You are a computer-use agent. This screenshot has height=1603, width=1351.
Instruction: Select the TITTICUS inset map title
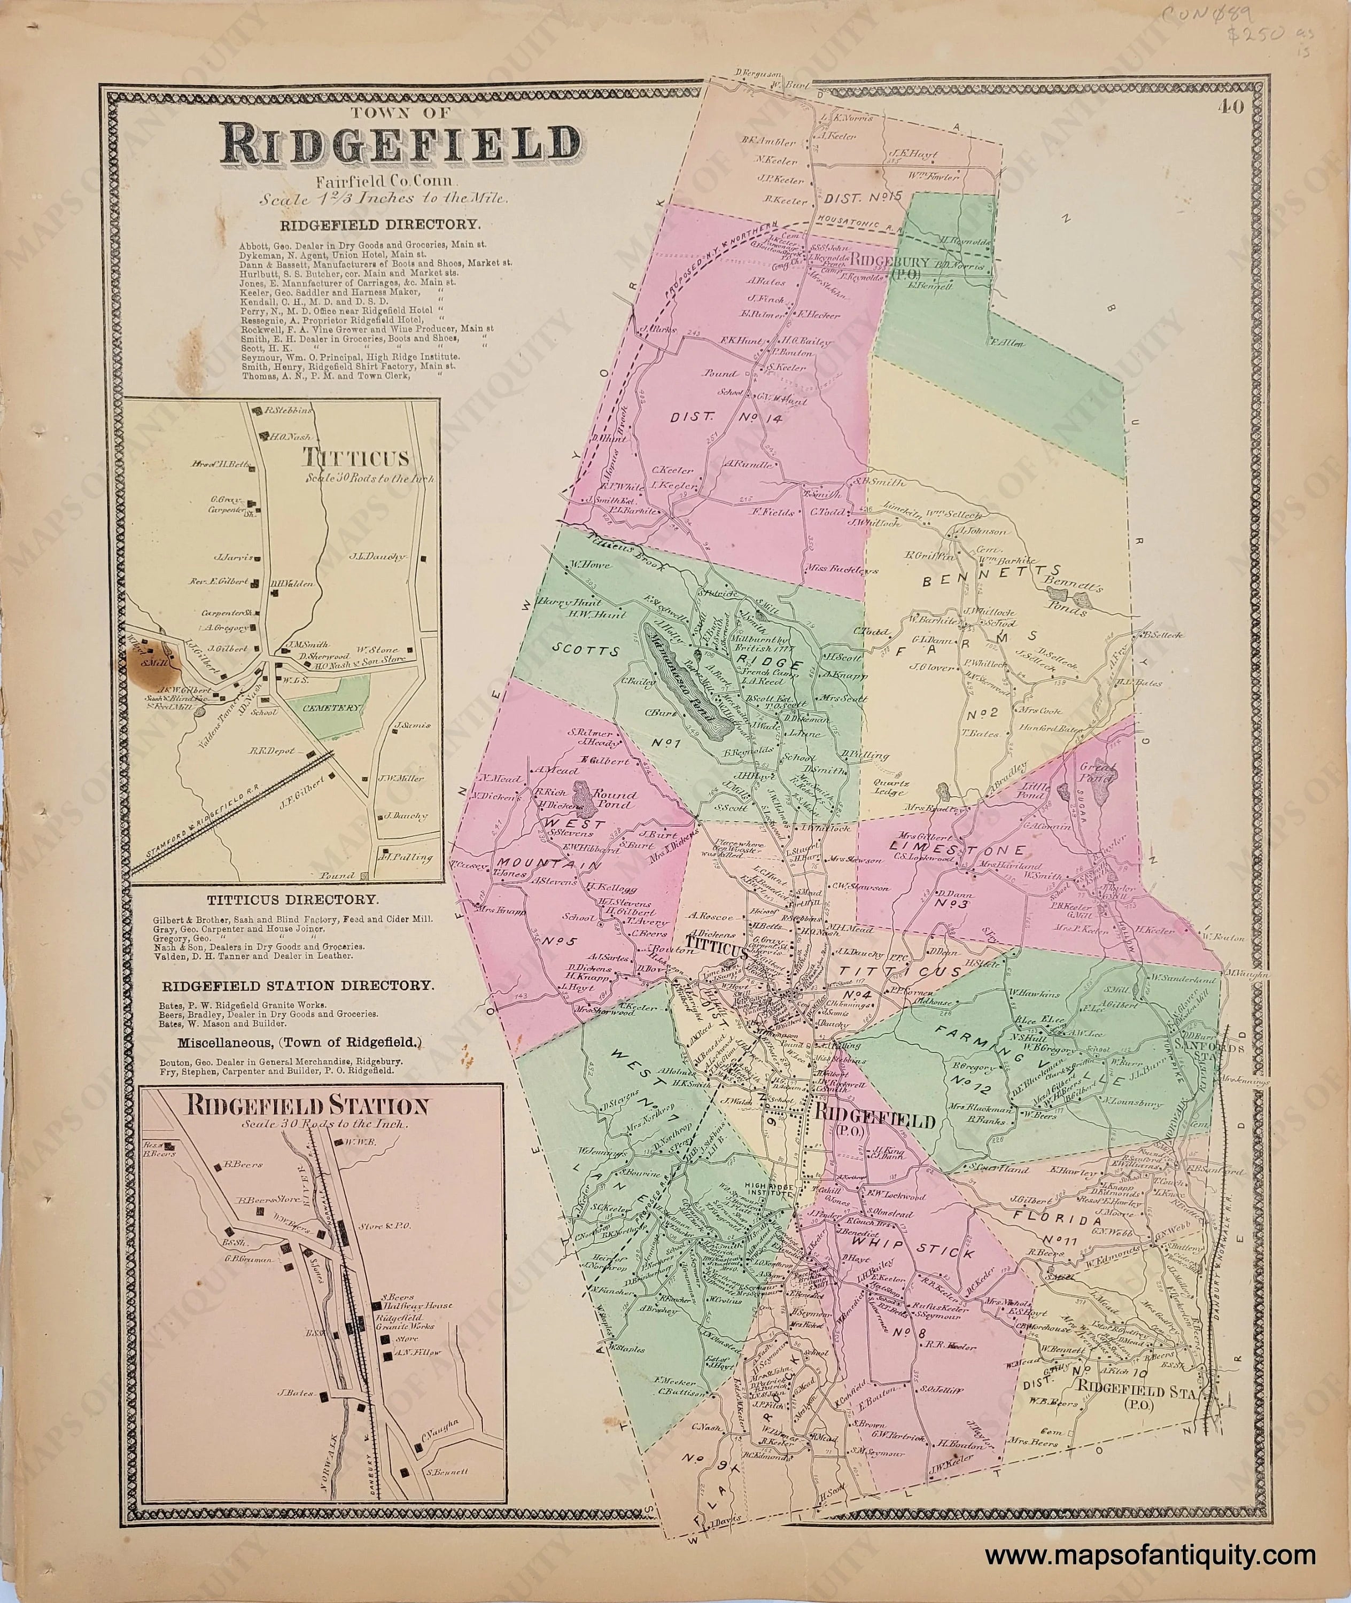[356, 458]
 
